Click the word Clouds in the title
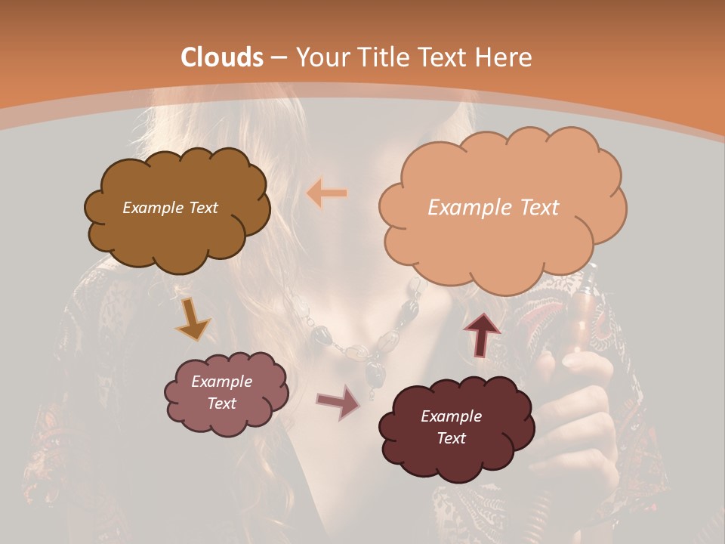[x=222, y=57]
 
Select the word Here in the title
[x=506, y=57]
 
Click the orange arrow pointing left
[x=327, y=193]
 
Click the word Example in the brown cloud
[x=151, y=208]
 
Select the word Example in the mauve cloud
[x=221, y=382]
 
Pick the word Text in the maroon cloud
[x=451, y=438]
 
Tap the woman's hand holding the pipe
[x=585, y=400]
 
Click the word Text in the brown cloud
[x=202, y=208]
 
